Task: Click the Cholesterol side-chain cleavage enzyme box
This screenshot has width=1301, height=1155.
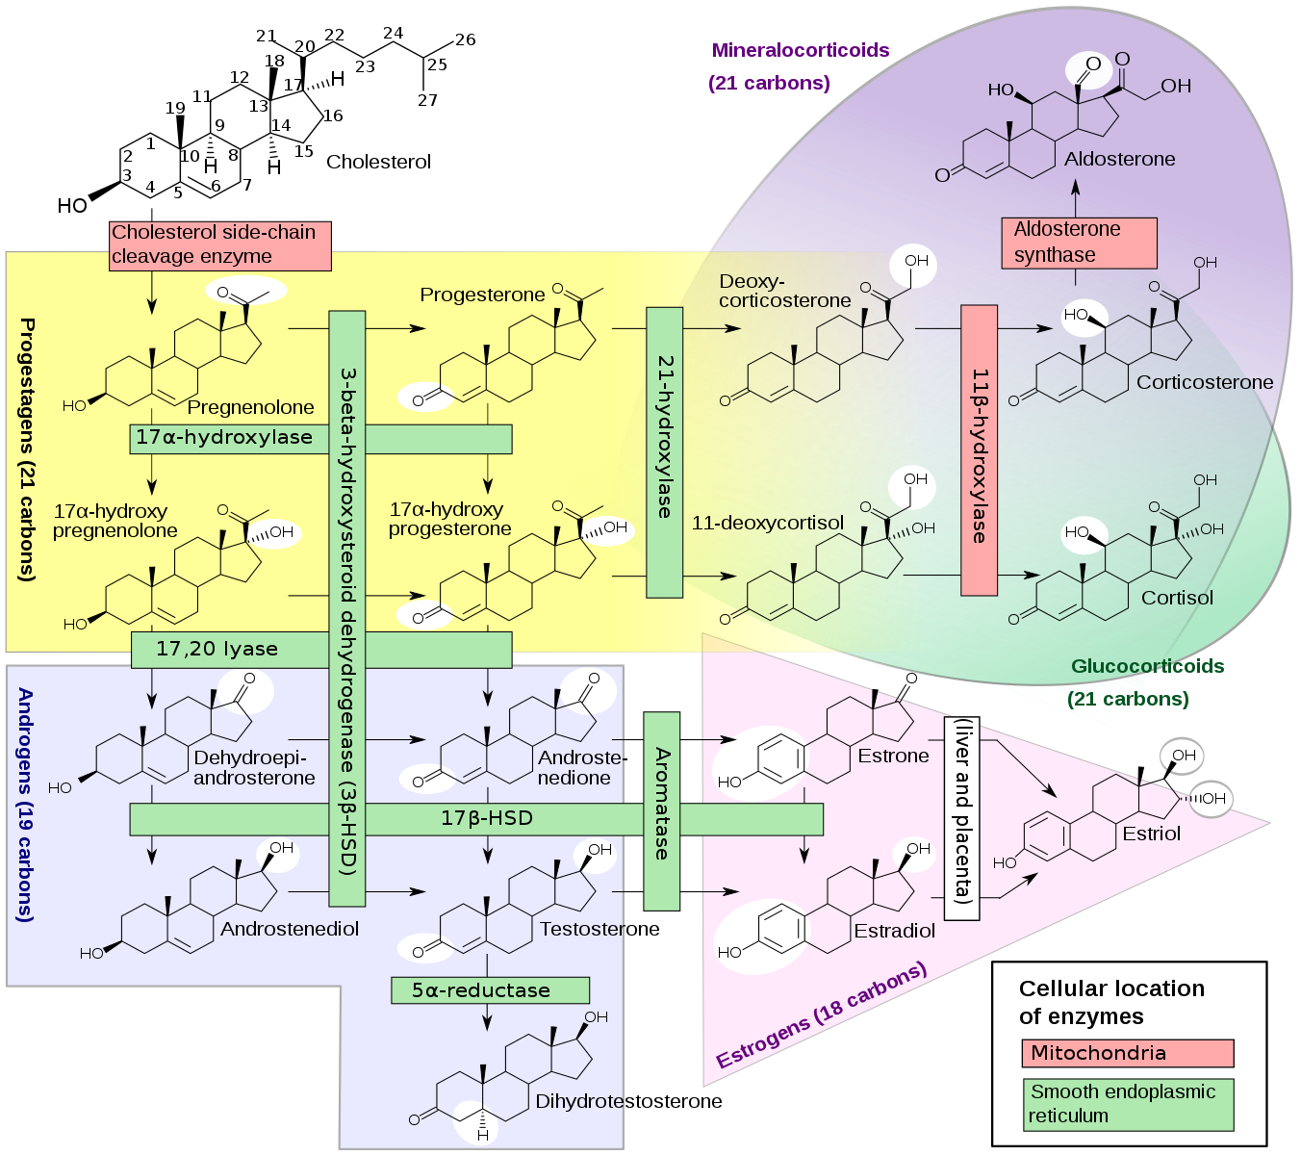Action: click(x=219, y=245)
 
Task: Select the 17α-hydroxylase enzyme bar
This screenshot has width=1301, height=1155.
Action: click(x=224, y=438)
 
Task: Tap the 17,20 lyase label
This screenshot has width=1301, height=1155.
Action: click(x=217, y=650)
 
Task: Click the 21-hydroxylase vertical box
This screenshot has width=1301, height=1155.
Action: click(x=664, y=451)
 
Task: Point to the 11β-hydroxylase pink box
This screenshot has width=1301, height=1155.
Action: click(x=980, y=450)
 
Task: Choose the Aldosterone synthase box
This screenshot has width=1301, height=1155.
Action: click(x=1079, y=243)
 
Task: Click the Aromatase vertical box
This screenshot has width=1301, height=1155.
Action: click(x=662, y=810)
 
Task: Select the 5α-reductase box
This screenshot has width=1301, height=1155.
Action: click(x=490, y=990)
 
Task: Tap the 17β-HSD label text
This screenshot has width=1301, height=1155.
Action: click(x=487, y=819)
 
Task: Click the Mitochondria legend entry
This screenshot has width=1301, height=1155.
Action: click(x=1127, y=1053)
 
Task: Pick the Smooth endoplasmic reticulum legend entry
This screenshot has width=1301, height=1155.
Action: click(x=1127, y=1104)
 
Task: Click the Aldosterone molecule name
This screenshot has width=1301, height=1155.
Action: click(x=1119, y=160)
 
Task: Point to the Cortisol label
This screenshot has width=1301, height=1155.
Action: click(x=1177, y=598)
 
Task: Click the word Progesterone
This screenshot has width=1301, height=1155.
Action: click(x=482, y=295)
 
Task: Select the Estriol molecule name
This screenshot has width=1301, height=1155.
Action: click(x=1151, y=834)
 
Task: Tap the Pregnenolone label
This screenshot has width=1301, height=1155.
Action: click(x=250, y=407)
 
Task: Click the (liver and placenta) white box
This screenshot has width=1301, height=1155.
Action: click(x=961, y=818)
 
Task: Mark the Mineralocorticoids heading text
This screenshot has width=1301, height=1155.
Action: click(x=801, y=50)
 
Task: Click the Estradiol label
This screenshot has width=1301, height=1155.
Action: click(x=894, y=931)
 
